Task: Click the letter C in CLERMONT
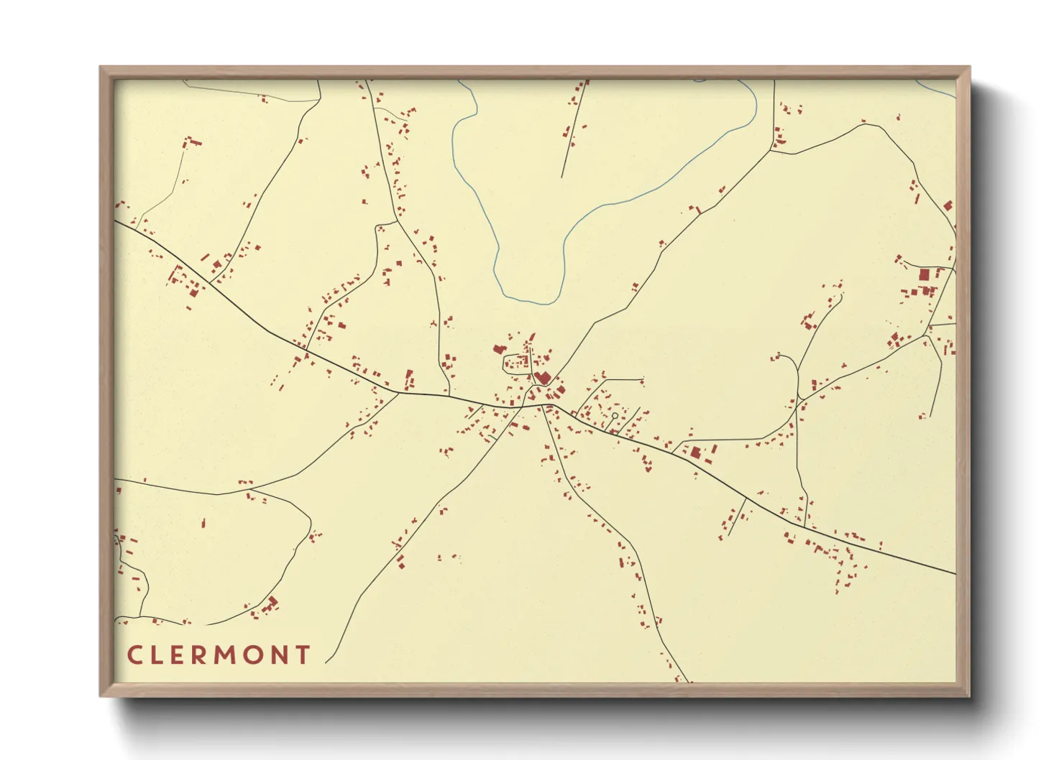pyautogui.click(x=134, y=655)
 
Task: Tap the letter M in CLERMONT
pyautogui.click(x=225, y=655)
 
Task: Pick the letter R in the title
pyautogui.click(x=197, y=655)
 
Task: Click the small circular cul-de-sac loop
pyautogui.click(x=615, y=415)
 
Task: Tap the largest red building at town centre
pyautogui.click(x=543, y=378)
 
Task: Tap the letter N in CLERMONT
pyautogui.click(x=278, y=655)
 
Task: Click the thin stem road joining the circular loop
pyautogui.click(x=612, y=425)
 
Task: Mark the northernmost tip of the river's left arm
pyautogui.click(x=460, y=82)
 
